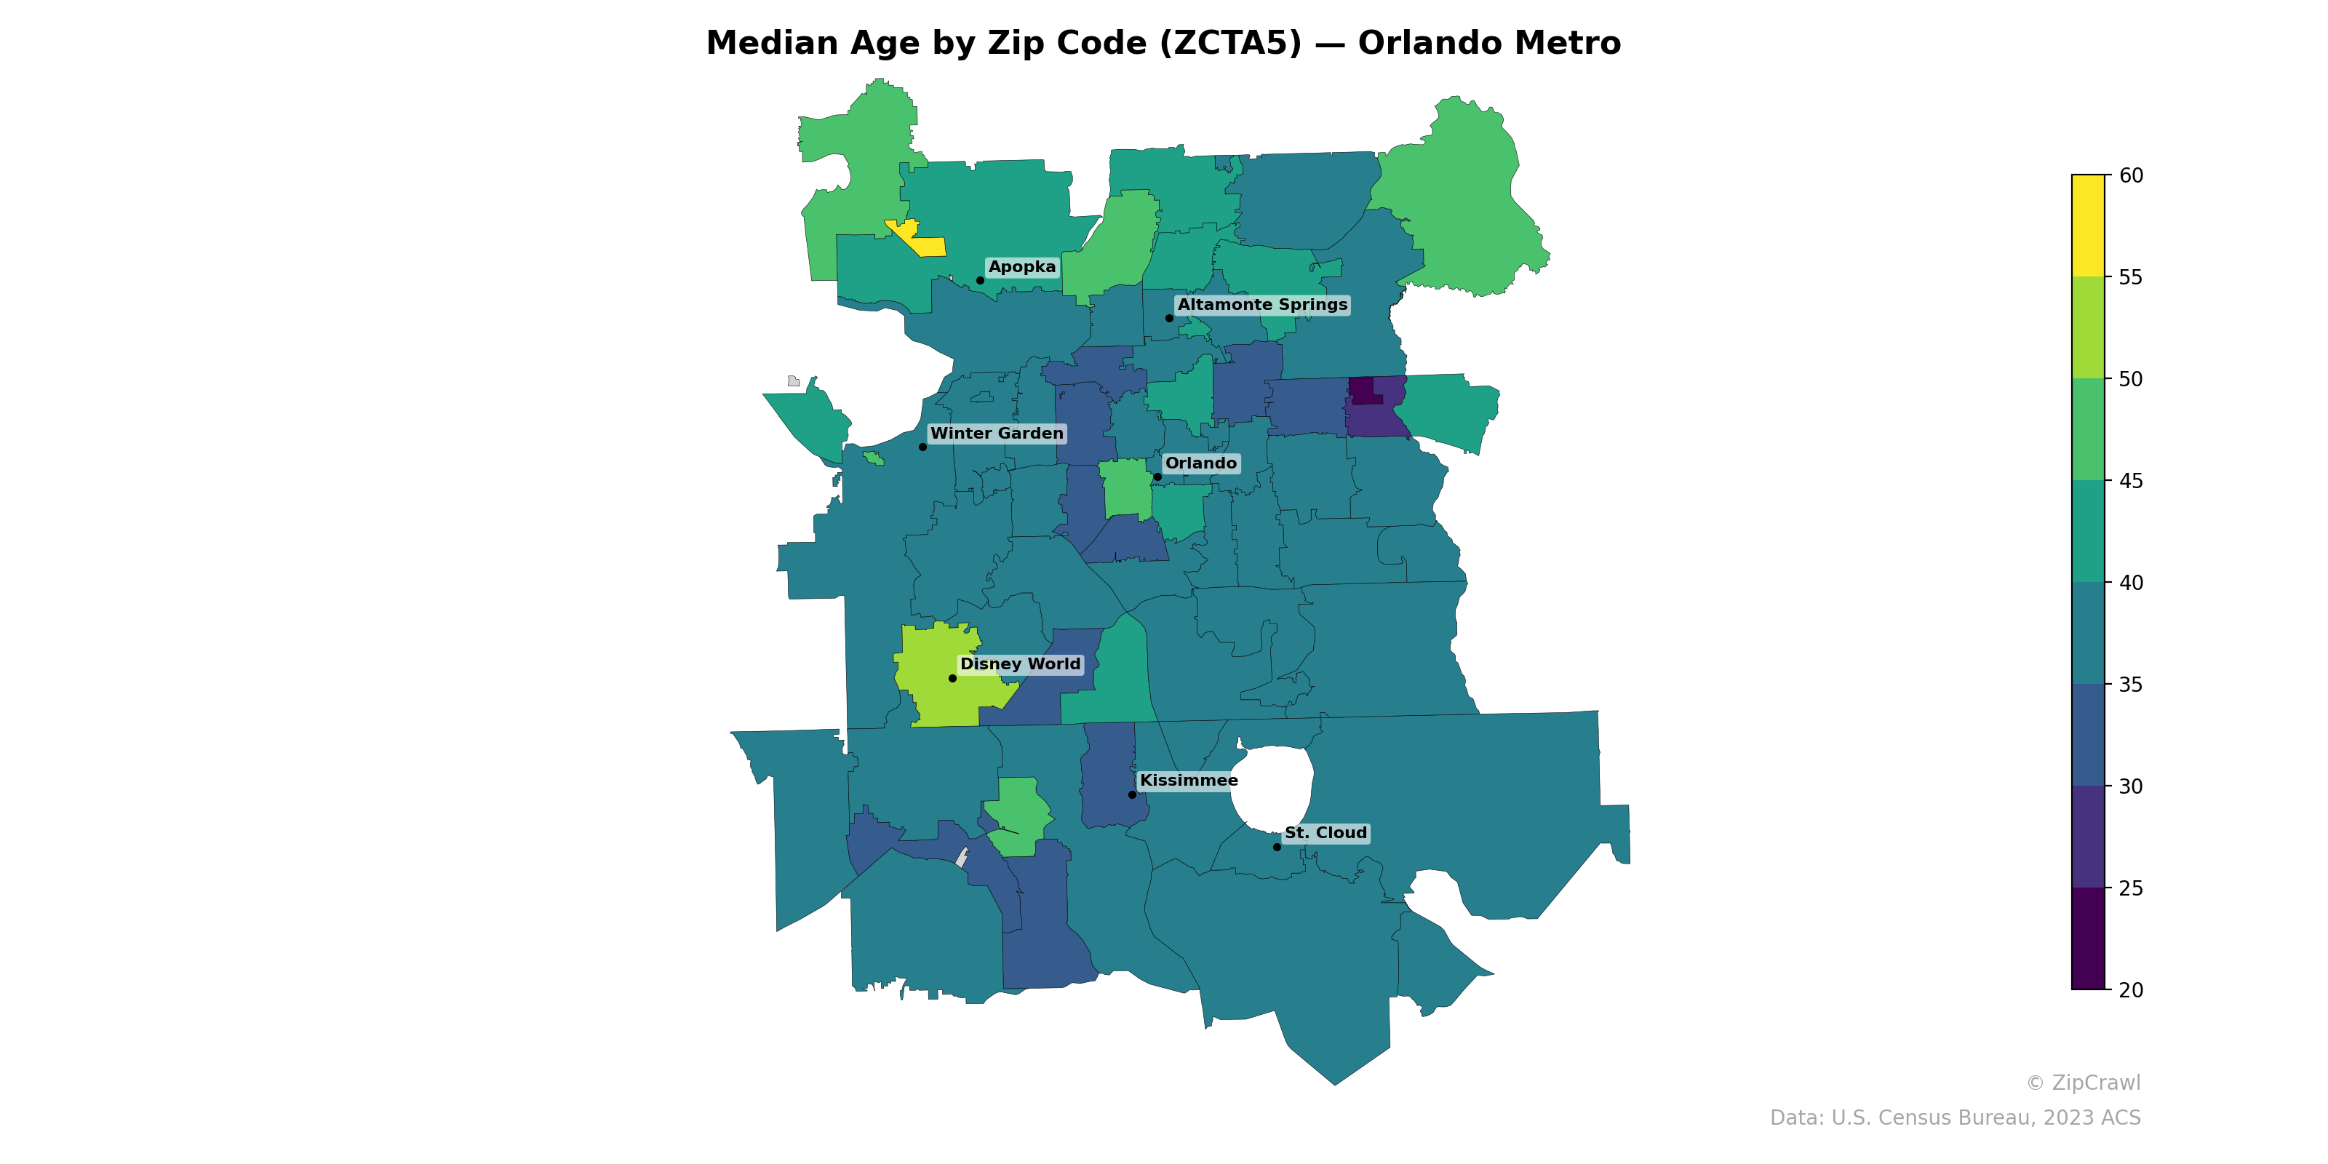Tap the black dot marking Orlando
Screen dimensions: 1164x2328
pyautogui.click(x=1157, y=477)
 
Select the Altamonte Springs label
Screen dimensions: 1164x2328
pyautogui.click(x=1261, y=306)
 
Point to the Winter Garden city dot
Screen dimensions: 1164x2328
pyautogui.click(x=922, y=447)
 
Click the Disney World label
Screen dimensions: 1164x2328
pyautogui.click(x=1019, y=664)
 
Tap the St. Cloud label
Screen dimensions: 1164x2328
pyautogui.click(x=1325, y=833)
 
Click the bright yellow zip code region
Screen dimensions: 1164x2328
pyautogui.click(x=926, y=244)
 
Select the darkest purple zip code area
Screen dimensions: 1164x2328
pyautogui.click(x=1361, y=389)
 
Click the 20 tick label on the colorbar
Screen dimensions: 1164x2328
pyautogui.click(x=2130, y=990)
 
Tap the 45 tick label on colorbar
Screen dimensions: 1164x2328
pyautogui.click(x=2130, y=481)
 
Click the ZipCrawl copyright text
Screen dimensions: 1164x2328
pyautogui.click(x=2082, y=1083)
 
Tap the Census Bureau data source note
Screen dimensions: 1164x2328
pyautogui.click(x=1954, y=1118)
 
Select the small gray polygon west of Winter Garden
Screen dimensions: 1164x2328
pyautogui.click(x=792, y=381)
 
